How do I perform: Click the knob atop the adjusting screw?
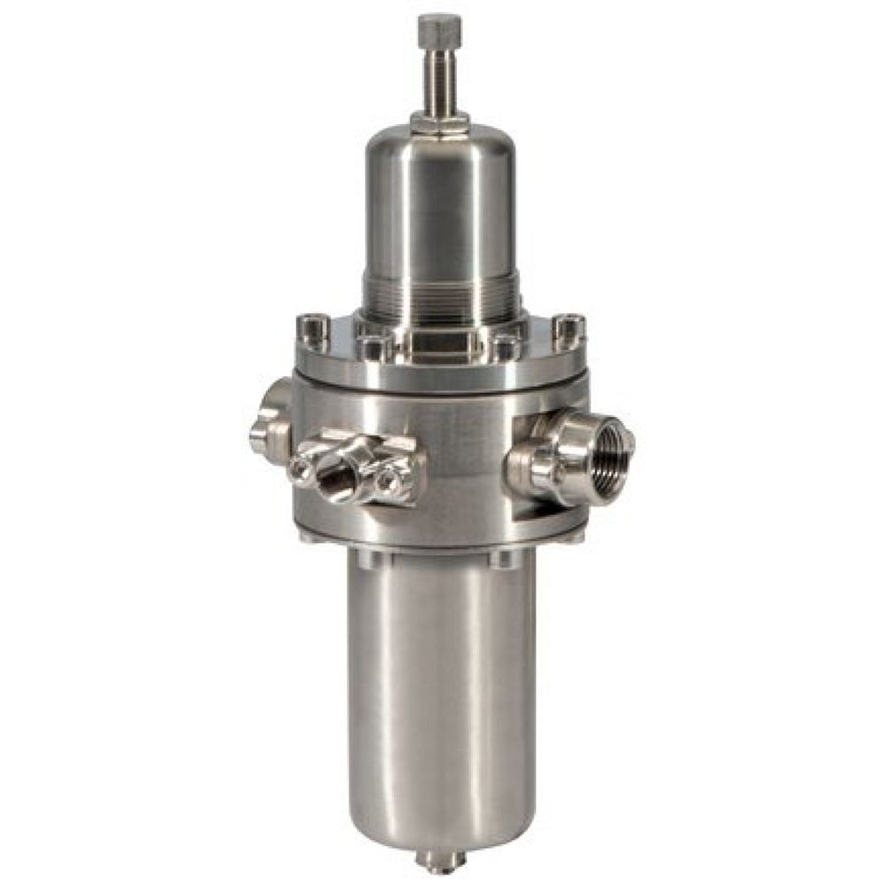(435, 31)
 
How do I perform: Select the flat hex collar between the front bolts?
(441, 341)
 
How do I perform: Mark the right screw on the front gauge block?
(387, 480)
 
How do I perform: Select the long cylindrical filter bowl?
(441, 692)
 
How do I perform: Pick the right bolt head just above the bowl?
(503, 558)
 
